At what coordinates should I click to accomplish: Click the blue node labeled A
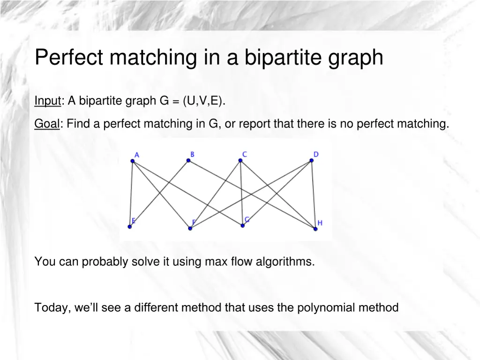133,161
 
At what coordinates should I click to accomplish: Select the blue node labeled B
188,160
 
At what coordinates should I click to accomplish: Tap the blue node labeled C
240,160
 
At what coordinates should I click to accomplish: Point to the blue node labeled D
311,161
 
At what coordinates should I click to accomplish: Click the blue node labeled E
130,227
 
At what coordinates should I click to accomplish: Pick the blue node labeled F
190,228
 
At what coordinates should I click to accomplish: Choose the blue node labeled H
315,228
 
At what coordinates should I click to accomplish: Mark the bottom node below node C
243,225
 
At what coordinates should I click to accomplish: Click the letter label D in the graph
316,154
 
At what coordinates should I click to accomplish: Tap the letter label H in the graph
320,223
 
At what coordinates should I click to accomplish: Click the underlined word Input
48,101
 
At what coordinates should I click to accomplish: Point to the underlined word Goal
47,124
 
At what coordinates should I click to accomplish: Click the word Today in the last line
51,307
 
